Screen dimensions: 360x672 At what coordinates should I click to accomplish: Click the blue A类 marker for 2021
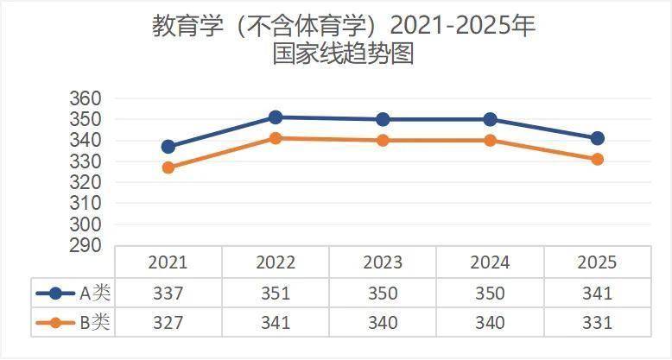[168, 147]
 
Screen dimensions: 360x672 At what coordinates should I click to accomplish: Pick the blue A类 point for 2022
[276, 117]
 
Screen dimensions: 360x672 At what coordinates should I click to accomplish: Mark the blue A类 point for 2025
[597, 138]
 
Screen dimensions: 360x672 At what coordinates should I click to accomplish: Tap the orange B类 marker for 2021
[168, 167]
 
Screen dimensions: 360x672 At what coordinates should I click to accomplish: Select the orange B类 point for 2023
[383, 140]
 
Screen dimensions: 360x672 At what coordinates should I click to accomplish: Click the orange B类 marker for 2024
[490, 140]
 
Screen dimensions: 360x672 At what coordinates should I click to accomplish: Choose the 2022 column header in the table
[276, 262]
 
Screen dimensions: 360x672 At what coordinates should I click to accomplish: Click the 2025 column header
[597, 262]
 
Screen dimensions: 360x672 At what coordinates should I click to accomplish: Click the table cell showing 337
[168, 294]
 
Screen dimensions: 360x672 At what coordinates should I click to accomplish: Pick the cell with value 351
[276, 294]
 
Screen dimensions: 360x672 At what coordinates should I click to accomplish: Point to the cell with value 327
[168, 324]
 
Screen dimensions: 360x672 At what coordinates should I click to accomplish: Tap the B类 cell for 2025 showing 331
[597, 324]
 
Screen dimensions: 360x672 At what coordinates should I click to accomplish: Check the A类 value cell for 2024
[490, 294]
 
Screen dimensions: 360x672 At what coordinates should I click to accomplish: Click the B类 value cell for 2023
[383, 324]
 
